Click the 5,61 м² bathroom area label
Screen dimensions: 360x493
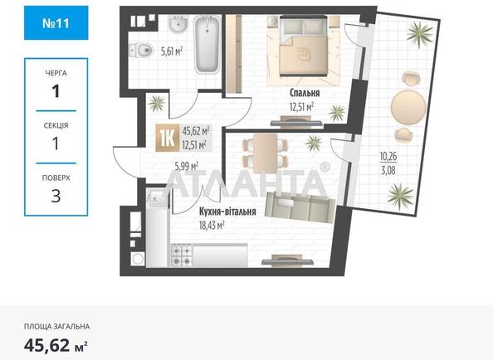172,50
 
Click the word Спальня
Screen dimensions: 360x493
305,94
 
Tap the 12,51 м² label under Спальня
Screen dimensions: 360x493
301,107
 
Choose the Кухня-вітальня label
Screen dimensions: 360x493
215,211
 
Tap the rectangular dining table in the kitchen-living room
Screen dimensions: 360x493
263,152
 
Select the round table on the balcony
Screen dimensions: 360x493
406,105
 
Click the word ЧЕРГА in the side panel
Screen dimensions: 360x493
56,72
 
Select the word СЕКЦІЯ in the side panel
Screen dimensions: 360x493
56,125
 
